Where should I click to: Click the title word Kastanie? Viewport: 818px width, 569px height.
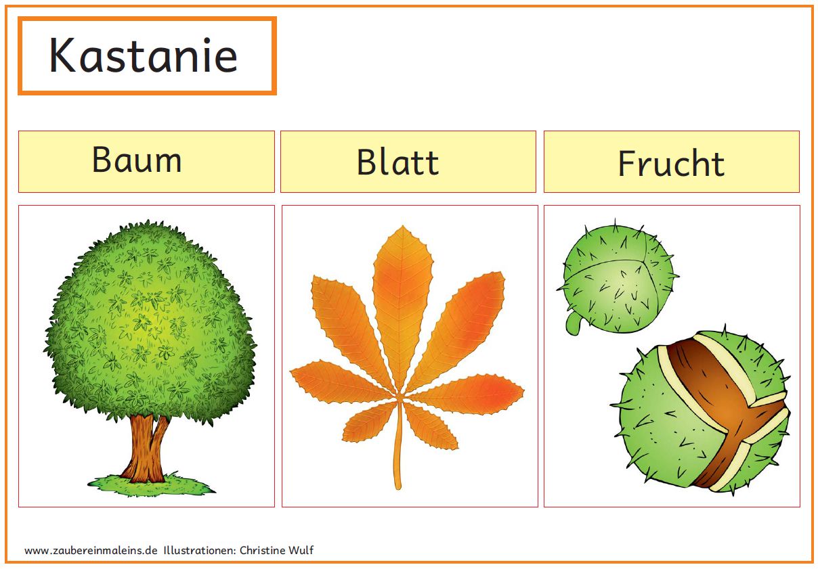(x=144, y=55)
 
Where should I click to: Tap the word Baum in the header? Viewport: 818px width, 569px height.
(x=137, y=160)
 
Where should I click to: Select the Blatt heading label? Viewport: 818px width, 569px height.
(x=397, y=162)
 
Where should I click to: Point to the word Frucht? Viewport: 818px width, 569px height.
(x=671, y=163)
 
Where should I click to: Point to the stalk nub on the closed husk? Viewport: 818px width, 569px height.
(x=574, y=323)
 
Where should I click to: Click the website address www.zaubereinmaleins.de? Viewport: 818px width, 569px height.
(x=91, y=550)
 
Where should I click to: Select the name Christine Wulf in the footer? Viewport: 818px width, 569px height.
(x=276, y=550)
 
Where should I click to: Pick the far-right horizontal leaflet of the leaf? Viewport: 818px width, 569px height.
(x=467, y=394)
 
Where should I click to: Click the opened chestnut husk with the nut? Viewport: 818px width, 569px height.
(x=703, y=411)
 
